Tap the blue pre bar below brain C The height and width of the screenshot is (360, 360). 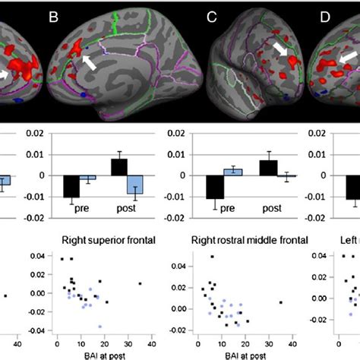(x=235, y=172)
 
